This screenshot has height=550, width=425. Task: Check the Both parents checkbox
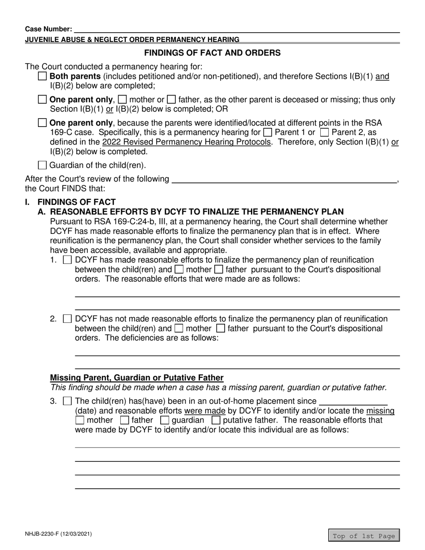[x=42, y=76]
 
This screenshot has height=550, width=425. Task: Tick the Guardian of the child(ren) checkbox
[x=42, y=165]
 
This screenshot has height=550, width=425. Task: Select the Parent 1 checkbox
[x=268, y=132]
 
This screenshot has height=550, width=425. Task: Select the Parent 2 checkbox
[x=325, y=132]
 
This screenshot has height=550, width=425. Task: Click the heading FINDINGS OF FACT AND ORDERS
[x=212, y=53]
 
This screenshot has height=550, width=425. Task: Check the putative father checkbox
[x=216, y=420]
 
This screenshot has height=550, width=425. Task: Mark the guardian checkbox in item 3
[x=165, y=420]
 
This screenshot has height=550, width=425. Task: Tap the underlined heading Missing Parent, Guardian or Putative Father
[x=137, y=377]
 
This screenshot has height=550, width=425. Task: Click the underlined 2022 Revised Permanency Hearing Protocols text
[x=187, y=142]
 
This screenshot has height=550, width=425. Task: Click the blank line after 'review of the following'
[x=284, y=180]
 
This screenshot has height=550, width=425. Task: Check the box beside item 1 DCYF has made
[x=68, y=260]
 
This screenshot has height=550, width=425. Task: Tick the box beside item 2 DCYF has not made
[x=68, y=319]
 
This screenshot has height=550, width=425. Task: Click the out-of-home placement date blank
[x=354, y=401]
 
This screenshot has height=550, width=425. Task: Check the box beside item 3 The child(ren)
[x=68, y=401]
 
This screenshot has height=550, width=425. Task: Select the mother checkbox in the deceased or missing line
[x=122, y=100]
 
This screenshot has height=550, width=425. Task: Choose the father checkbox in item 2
[x=220, y=329]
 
